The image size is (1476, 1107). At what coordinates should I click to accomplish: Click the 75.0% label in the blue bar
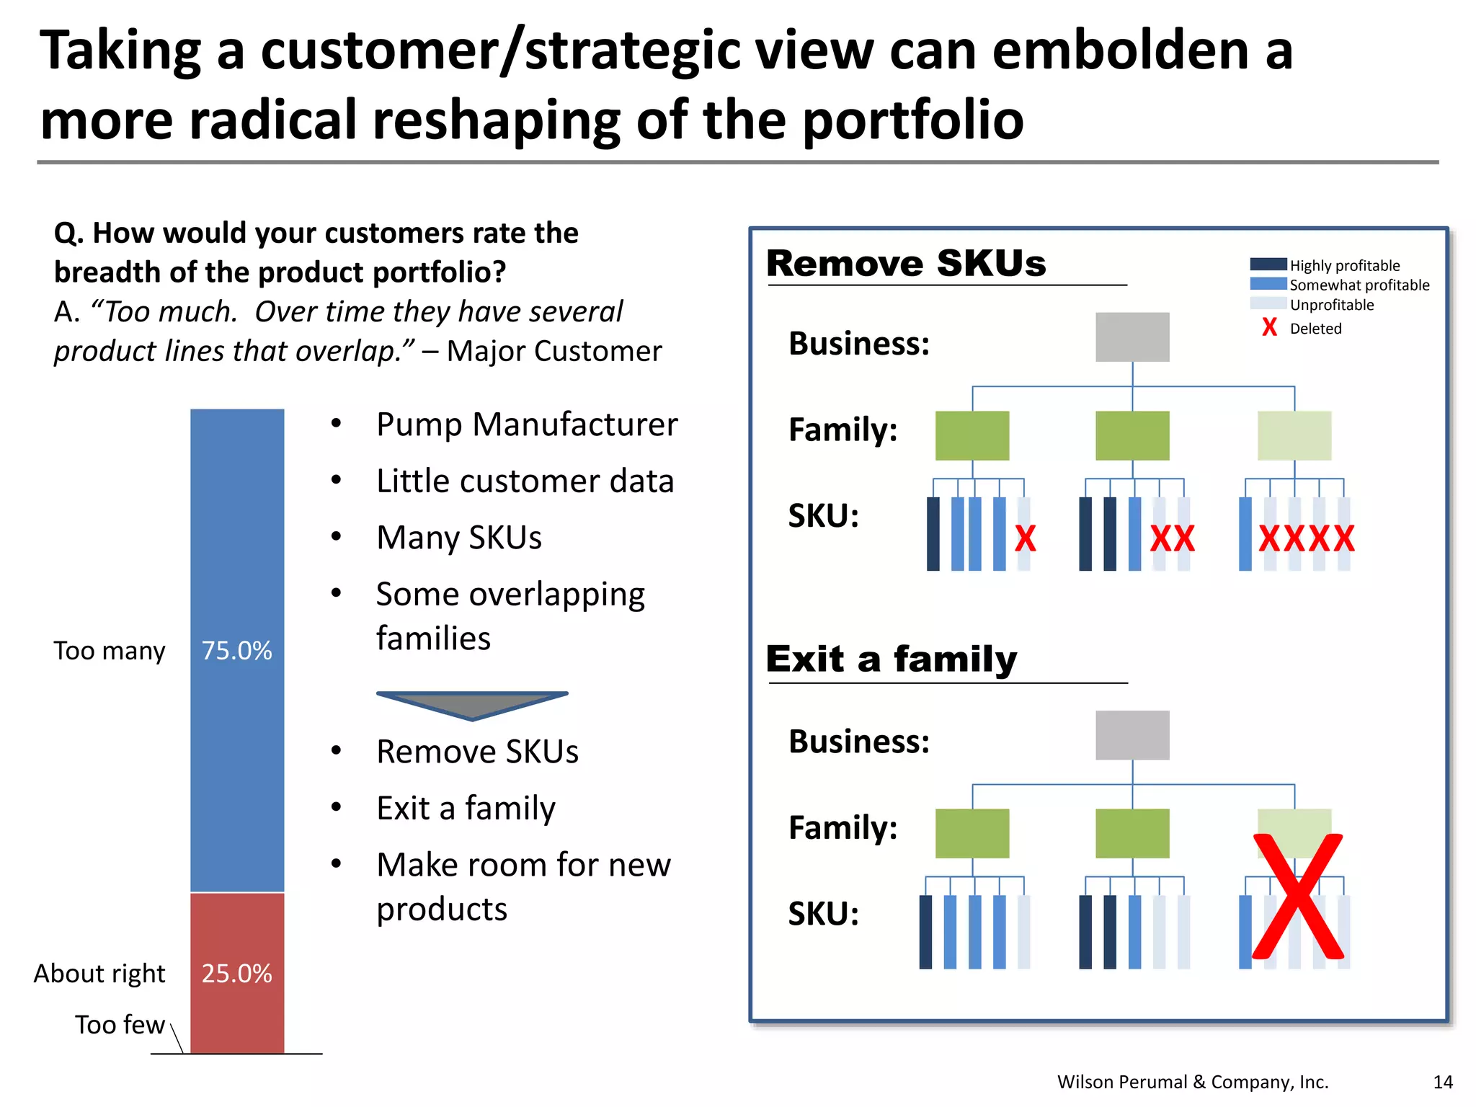tap(236, 651)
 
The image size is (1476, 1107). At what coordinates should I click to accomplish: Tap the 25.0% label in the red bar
tap(236, 974)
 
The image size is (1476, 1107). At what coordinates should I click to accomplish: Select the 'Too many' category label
tap(110, 651)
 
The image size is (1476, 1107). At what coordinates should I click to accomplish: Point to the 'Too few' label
tap(120, 1025)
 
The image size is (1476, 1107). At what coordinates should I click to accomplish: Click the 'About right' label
tap(99, 974)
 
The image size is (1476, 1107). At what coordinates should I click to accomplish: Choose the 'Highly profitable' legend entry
tap(1344, 265)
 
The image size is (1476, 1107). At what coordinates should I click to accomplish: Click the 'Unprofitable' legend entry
tap(1331, 305)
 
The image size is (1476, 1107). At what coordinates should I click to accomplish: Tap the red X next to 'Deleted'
tap(1269, 328)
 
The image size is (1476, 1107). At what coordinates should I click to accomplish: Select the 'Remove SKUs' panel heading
tap(906, 263)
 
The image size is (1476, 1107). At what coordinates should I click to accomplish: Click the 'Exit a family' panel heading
tap(892, 659)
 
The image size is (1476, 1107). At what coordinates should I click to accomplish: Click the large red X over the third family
tap(1297, 897)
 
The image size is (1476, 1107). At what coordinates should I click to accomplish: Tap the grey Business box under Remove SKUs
tap(1132, 337)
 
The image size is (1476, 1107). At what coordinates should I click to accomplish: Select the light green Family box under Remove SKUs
tap(1294, 435)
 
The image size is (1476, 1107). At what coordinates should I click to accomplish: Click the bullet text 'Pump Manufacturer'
tap(527, 424)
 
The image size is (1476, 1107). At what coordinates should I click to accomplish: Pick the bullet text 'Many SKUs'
tap(459, 538)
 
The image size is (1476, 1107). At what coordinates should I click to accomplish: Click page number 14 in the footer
tap(1443, 1082)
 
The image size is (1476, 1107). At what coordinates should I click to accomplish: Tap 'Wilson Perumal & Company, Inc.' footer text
tap(1193, 1082)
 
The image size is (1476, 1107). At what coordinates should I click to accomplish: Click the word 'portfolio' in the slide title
tap(913, 120)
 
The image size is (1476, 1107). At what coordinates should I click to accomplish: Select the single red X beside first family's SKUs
tap(1025, 538)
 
